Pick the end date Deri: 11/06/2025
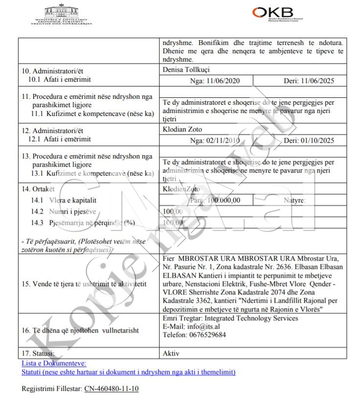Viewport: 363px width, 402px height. coord(309,81)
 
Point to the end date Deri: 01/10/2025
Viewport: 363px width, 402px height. coord(309,141)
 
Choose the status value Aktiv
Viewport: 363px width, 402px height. coord(171,353)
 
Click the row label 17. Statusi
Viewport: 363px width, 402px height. coord(38,353)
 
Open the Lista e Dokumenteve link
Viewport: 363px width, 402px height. coord(54,363)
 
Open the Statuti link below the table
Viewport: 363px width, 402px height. coord(129,372)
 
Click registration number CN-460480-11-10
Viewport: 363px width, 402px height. coord(112,389)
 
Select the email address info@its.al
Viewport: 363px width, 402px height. coord(201,327)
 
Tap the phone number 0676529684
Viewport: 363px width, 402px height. coord(209,335)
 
